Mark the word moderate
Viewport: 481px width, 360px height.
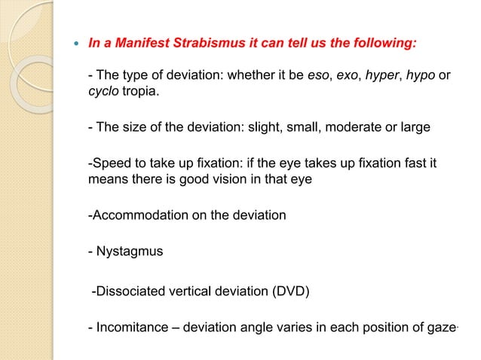(350, 127)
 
